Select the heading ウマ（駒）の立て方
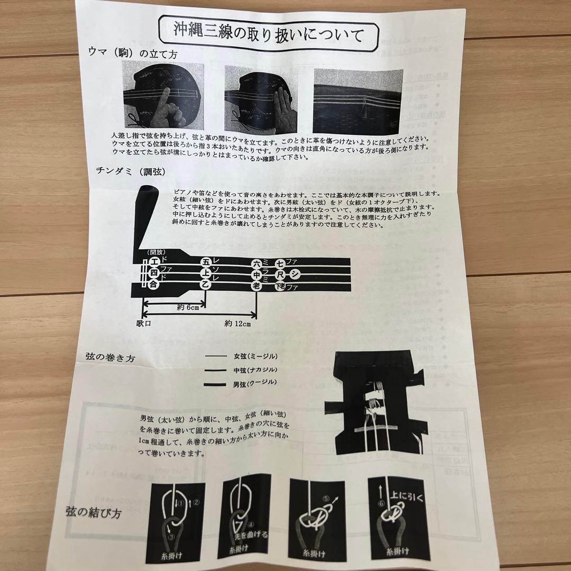tap(125, 52)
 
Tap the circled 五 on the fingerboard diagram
tap(206, 261)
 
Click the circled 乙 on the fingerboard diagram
tap(206, 284)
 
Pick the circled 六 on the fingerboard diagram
tap(257, 263)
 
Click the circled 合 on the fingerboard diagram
tap(154, 284)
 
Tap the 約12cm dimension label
tap(236, 324)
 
